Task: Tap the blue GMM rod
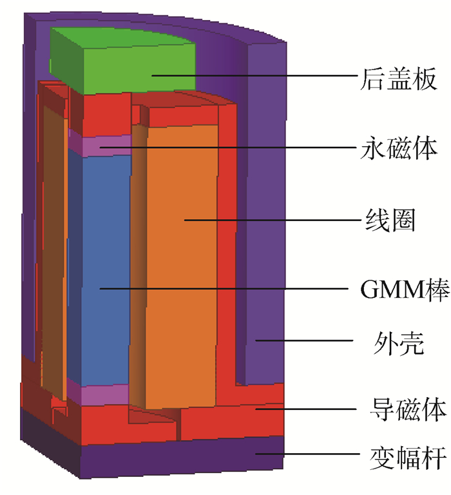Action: click(100, 258)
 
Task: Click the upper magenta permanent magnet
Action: click(103, 145)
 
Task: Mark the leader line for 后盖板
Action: click(258, 77)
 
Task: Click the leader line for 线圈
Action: click(271, 220)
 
